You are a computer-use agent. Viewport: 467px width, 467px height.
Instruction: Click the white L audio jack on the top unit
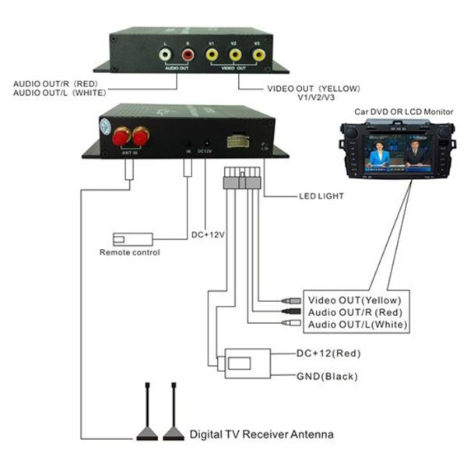click(x=164, y=54)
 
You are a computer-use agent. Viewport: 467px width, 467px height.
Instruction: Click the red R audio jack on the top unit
click(x=188, y=54)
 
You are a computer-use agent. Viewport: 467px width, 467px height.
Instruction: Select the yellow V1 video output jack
click(x=211, y=54)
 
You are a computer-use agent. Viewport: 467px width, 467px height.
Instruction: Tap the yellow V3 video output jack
click(x=258, y=54)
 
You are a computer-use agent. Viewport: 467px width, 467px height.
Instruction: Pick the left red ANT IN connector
click(x=121, y=138)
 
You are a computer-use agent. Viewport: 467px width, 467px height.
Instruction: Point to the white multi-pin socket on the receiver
click(x=238, y=142)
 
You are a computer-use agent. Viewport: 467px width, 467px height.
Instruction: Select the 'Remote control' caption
click(x=129, y=252)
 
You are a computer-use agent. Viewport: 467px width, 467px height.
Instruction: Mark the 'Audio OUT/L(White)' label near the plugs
click(x=357, y=324)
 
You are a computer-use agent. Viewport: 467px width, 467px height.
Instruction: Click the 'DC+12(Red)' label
click(x=329, y=353)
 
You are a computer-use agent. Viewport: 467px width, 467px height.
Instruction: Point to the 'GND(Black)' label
click(x=327, y=377)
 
